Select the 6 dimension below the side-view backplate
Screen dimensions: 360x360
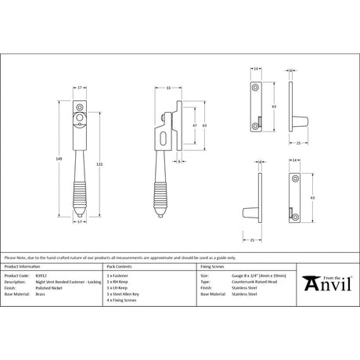(x=180, y=161)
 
